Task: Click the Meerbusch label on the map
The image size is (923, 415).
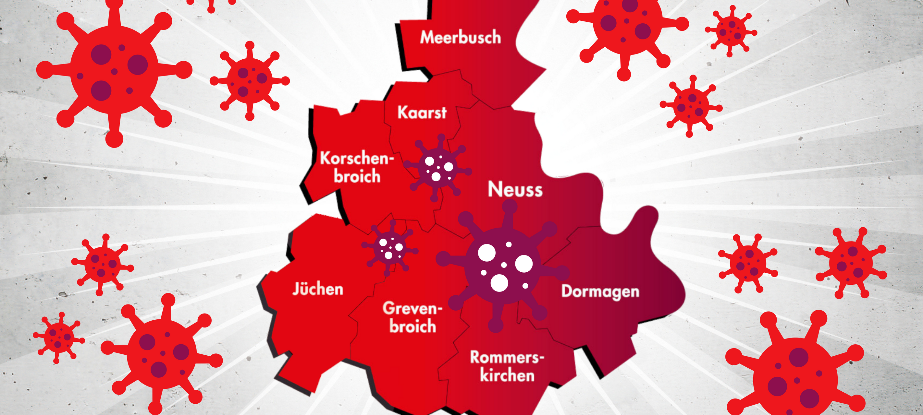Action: click(461, 37)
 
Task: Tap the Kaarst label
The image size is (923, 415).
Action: click(422, 113)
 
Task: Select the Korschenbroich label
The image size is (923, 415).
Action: click(357, 167)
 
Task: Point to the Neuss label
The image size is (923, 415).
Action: click(515, 189)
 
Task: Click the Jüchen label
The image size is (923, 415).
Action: click(318, 289)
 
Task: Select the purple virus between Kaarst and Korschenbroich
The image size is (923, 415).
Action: click(437, 168)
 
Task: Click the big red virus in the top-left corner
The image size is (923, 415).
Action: click(114, 70)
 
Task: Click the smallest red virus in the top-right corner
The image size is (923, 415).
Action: click(731, 30)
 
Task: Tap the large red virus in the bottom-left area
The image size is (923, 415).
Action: click(162, 354)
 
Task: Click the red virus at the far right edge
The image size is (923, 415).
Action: click(851, 263)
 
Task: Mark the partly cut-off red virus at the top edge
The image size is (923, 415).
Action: click(211, 4)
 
